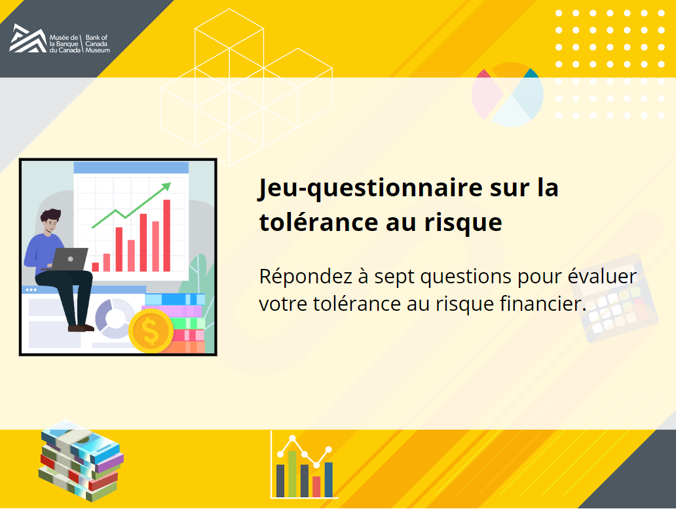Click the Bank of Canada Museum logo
[60, 39]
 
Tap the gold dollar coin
[151, 331]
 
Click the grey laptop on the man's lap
[69, 259]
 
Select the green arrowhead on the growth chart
[166, 186]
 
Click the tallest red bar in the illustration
[166, 236]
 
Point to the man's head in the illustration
[51, 221]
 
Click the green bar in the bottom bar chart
[292, 474]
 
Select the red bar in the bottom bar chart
[316, 486]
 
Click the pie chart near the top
[508, 94]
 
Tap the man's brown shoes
[81, 328]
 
